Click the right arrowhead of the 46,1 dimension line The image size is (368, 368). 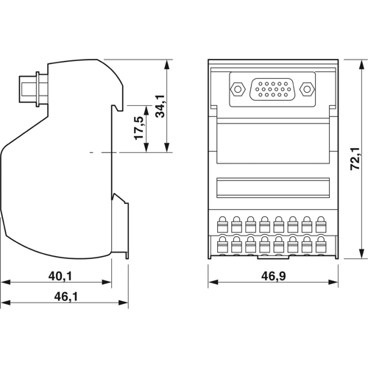click(x=126, y=304)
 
